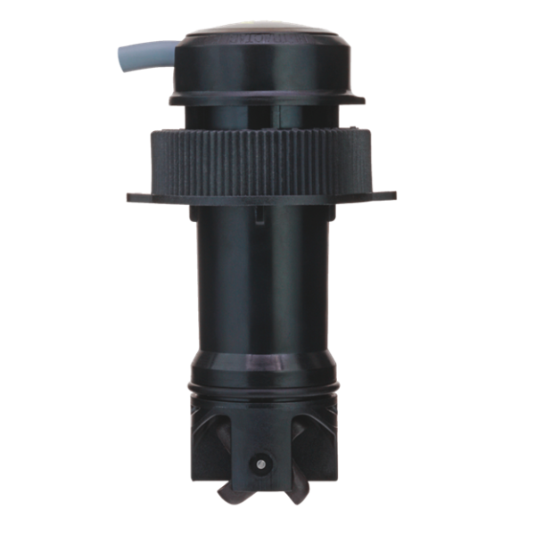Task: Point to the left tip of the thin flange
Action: point(130,194)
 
